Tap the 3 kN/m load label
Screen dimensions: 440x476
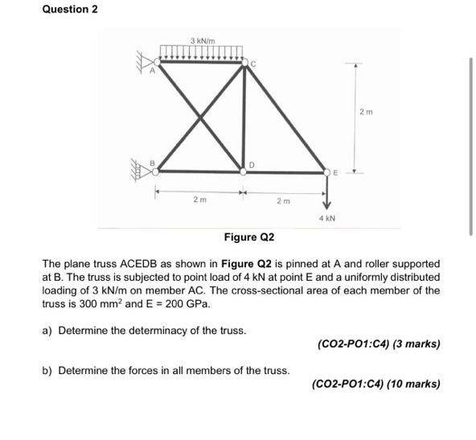(202, 40)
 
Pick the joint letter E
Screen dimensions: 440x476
(338, 171)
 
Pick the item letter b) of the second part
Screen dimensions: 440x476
(47, 370)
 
